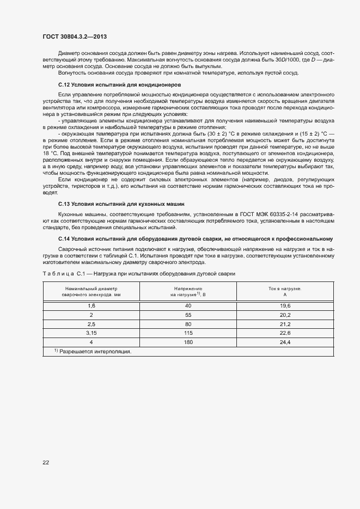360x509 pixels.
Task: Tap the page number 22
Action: click(x=46, y=462)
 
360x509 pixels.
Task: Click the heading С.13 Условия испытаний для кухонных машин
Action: click(x=120, y=203)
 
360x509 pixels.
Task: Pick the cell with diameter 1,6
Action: click(x=91, y=306)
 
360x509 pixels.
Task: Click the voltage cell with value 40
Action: click(x=188, y=306)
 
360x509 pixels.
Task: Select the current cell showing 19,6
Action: click(x=285, y=306)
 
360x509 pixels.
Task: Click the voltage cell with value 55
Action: click(x=188, y=315)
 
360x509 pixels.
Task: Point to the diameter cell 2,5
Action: click(x=91, y=324)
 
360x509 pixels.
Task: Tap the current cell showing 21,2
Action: click(x=285, y=324)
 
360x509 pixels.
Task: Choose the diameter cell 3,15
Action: click(x=91, y=333)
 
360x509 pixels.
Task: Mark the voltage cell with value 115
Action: click(x=188, y=333)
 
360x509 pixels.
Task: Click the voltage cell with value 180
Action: click(x=188, y=342)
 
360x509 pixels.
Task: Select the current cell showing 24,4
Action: click(x=285, y=342)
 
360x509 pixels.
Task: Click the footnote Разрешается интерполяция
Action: click(x=95, y=352)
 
